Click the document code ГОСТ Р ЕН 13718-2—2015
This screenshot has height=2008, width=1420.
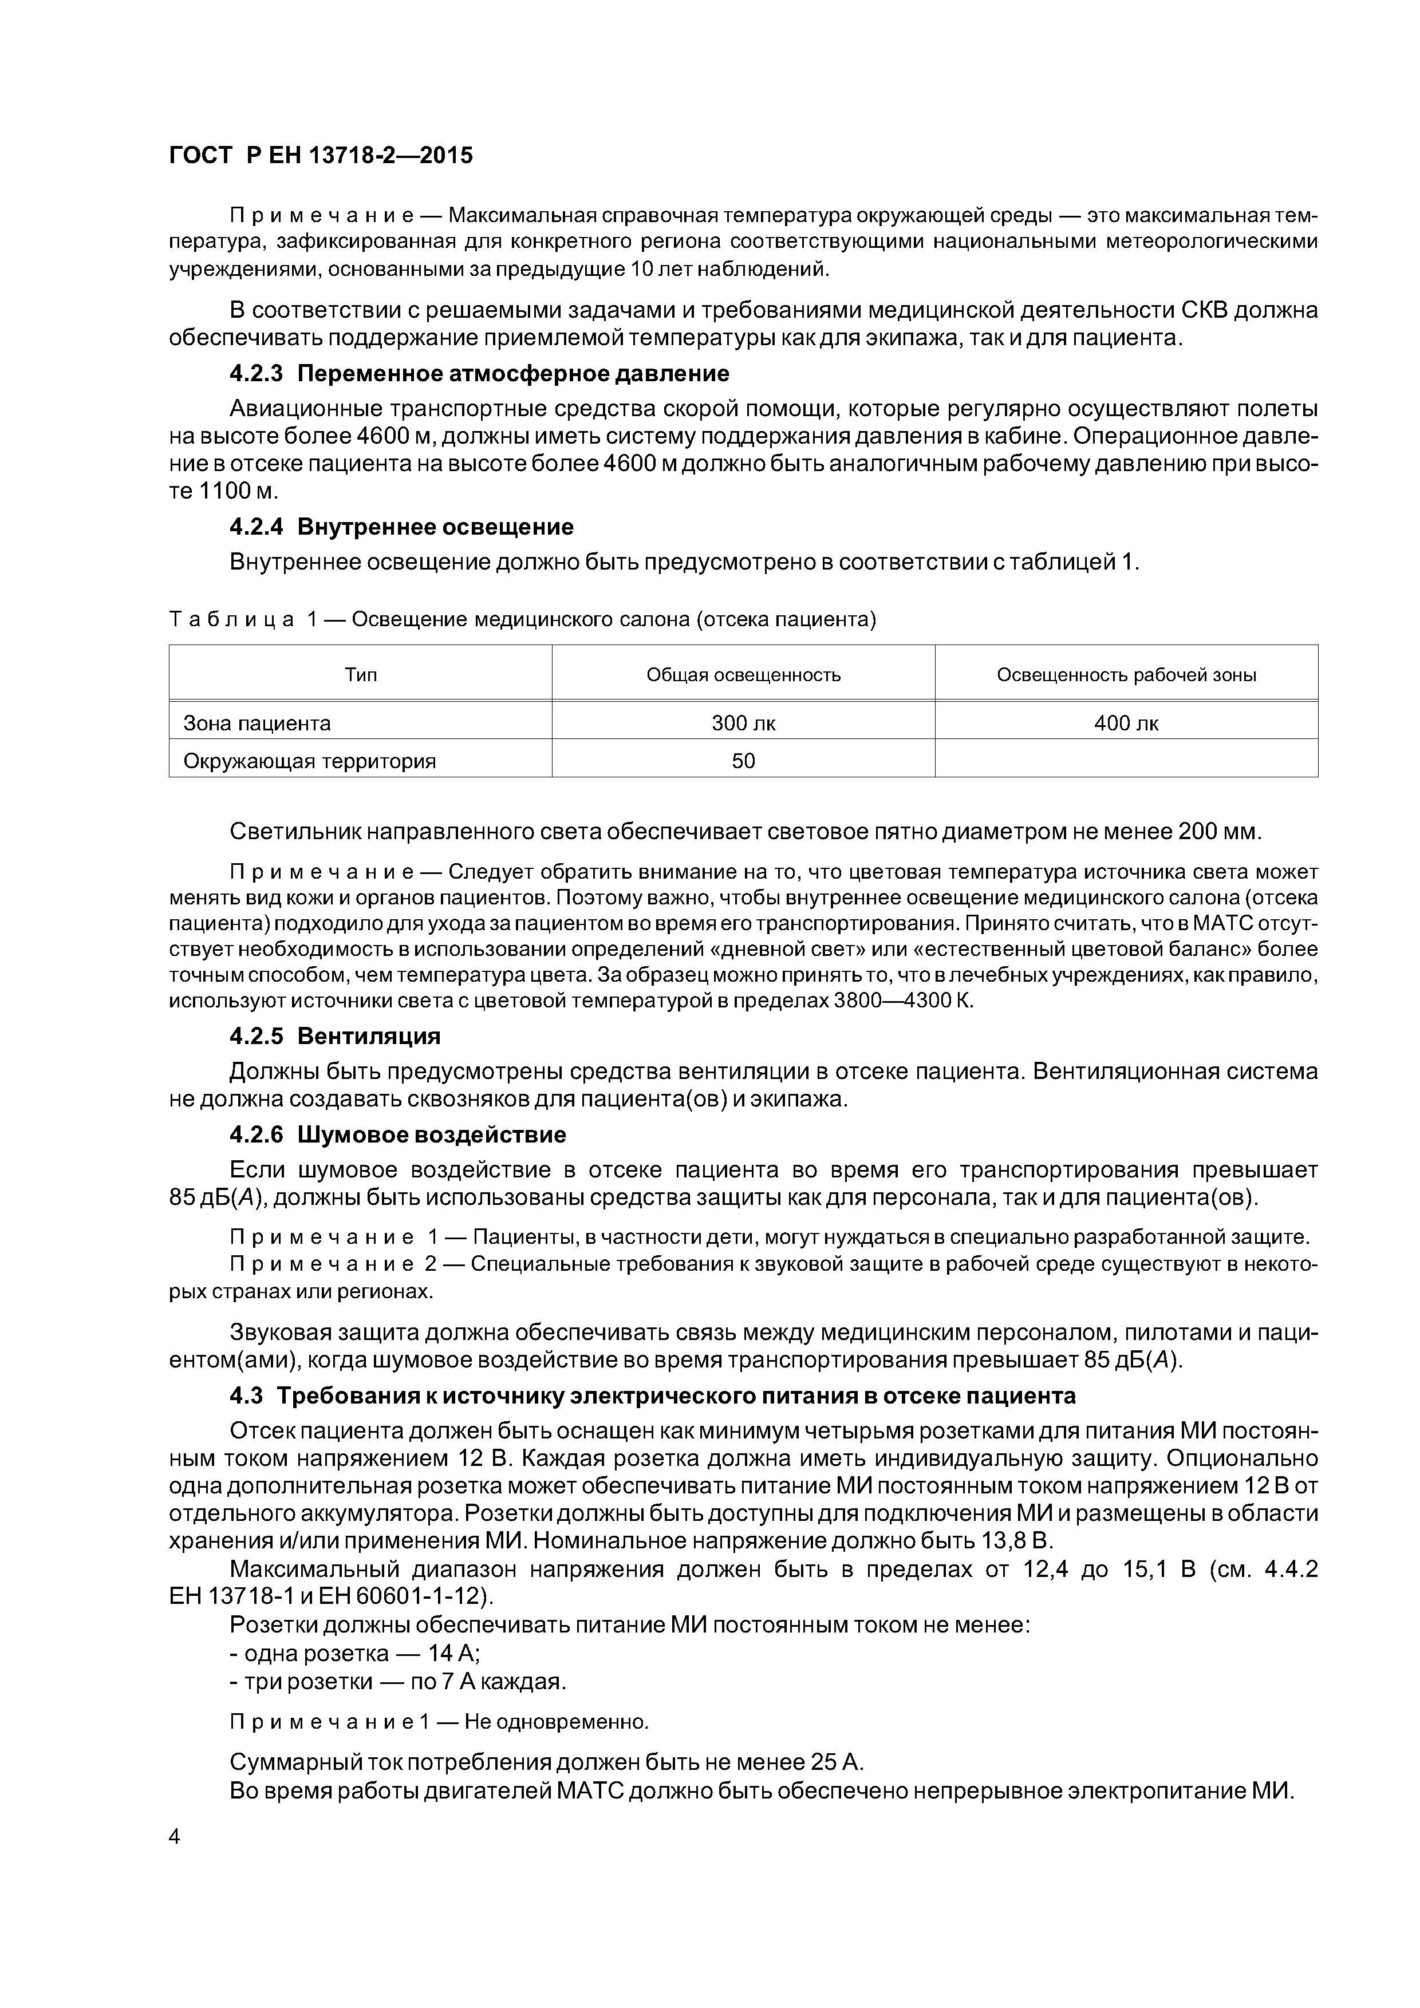pyautogui.click(x=320, y=156)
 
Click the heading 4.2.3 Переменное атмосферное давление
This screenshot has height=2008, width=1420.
pyautogui.click(x=479, y=374)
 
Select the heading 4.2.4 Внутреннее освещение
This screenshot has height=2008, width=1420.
pyautogui.click(x=401, y=527)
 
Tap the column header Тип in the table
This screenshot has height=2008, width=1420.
pyautogui.click(x=361, y=674)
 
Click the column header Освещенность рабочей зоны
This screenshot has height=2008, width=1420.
pyautogui.click(x=1126, y=674)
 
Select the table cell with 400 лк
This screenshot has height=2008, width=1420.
pyautogui.click(x=1126, y=724)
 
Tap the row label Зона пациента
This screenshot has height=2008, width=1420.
pyautogui.click(x=257, y=724)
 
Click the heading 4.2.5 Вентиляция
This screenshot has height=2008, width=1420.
pyautogui.click(x=334, y=1037)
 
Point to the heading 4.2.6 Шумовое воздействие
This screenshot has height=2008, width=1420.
pyautogui.click(x=397, y=1135)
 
